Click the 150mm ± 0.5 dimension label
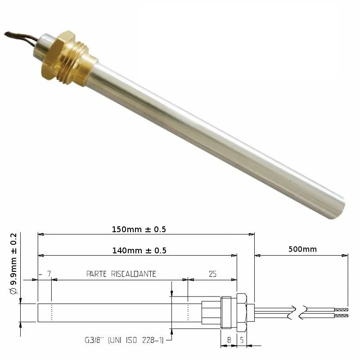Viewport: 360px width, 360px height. [x=139, y=229]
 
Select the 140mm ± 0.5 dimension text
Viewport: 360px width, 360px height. [x=139, y=251]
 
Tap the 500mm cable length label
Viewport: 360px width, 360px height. [x=302, y=249]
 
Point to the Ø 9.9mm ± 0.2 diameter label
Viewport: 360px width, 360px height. [x=14, y=264]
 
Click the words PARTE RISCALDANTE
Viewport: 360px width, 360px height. [x=121, y=274]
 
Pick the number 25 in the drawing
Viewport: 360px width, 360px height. [x=212, y=274]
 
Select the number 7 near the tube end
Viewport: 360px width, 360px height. [x=49, y=274]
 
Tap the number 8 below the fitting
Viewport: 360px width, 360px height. [x=229, y=340]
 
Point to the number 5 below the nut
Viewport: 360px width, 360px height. [x=242, y=340]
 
